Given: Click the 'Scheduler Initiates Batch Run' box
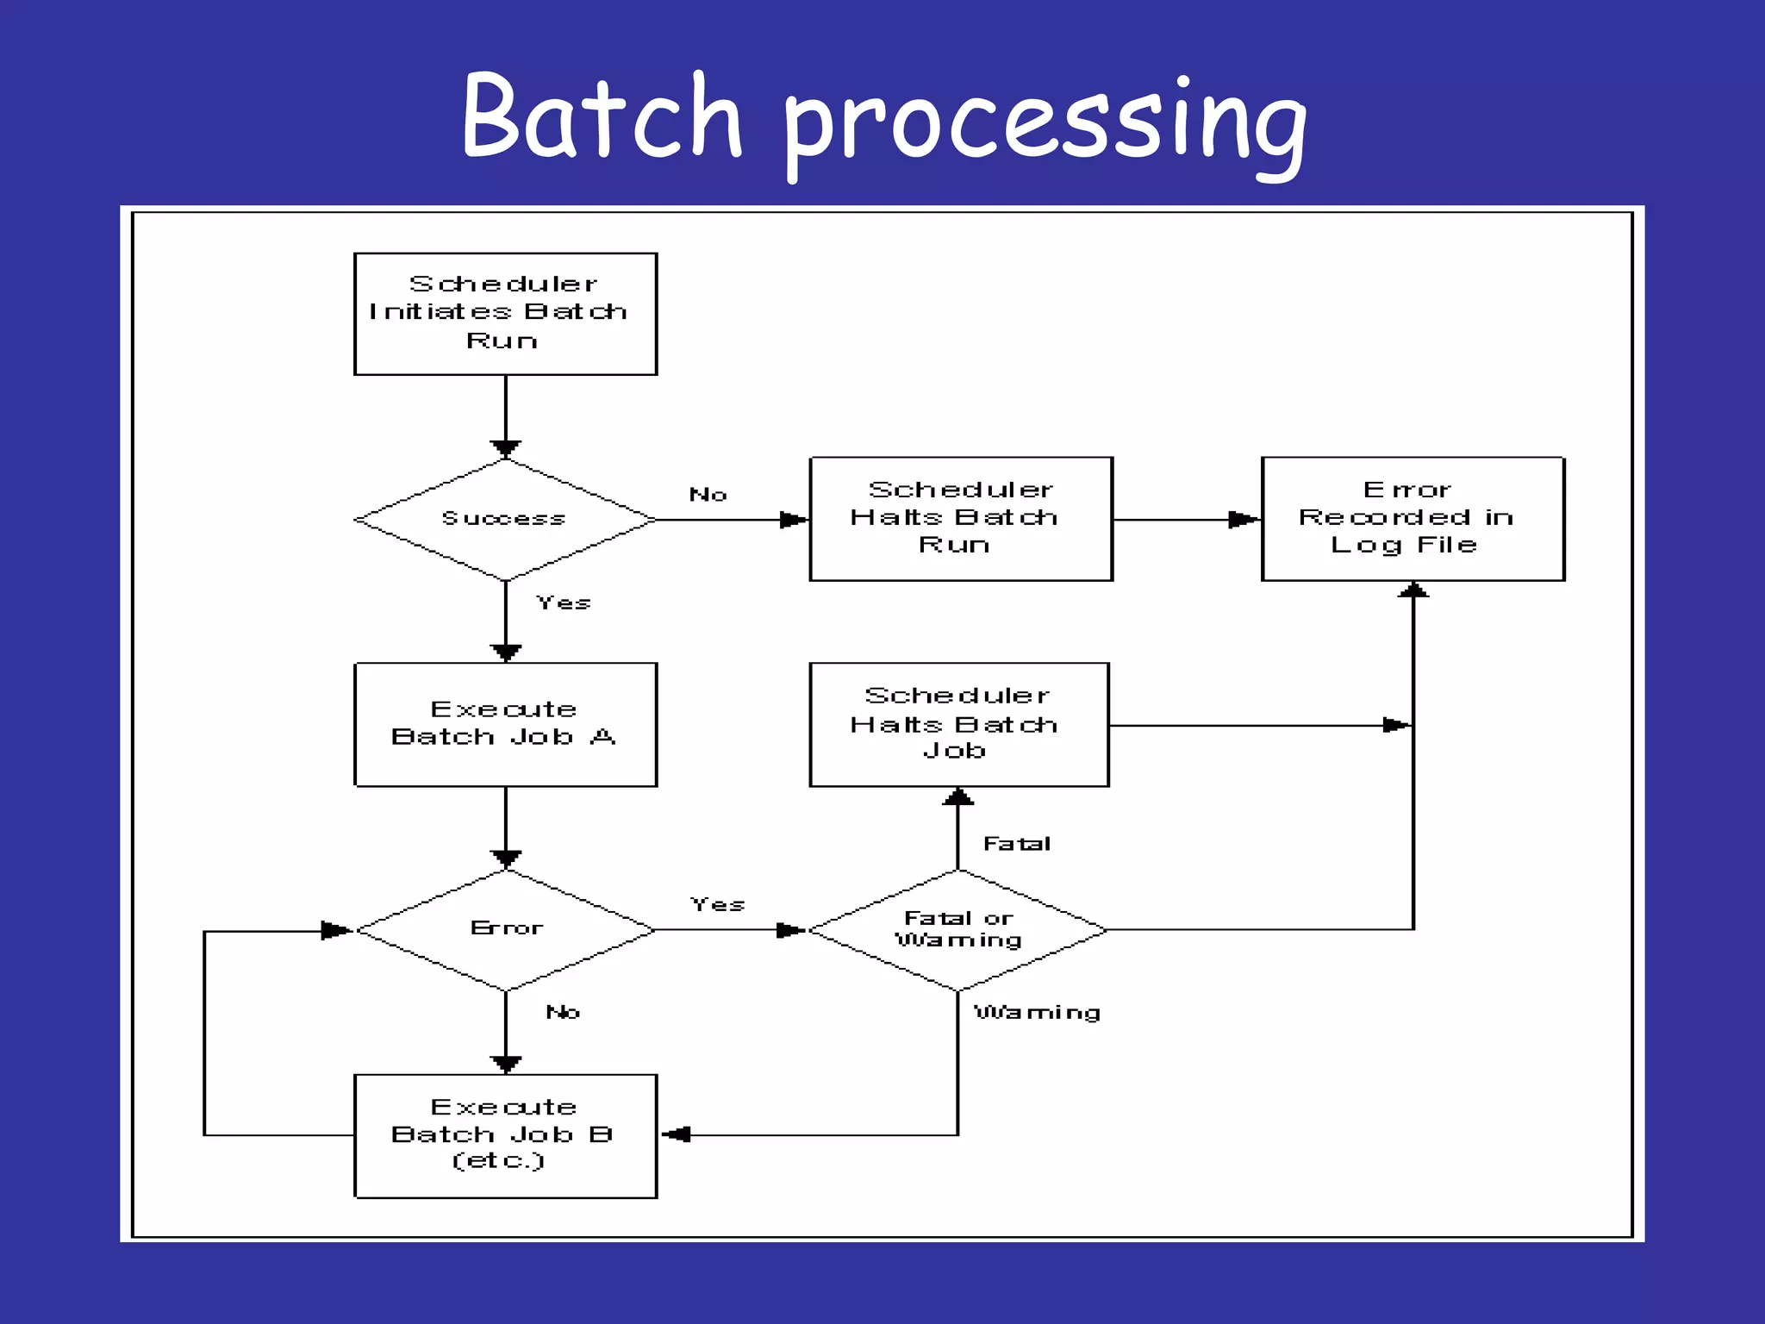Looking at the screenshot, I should (x=505, y=314).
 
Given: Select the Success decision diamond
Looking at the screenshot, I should (x=505, y=519).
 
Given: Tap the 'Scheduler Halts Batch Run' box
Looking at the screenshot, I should (x=961, y=519).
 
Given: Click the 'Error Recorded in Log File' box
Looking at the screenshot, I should (x=1413, y=519).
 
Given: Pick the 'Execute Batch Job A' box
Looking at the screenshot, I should (x=505, y=724).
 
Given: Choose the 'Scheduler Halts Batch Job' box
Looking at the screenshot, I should (x=958, y=724).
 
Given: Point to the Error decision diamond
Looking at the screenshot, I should (x=506, y=929).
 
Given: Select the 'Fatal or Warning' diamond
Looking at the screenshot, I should (x=957, y=929).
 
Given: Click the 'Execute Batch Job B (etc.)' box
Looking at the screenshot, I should (x=505, y=1135).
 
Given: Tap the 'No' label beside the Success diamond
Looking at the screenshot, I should (x=708, y=495).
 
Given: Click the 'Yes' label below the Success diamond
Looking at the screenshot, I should (x=564, y=603).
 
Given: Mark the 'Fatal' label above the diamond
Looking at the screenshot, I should (x=1017, y=844).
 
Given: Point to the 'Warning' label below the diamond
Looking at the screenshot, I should (x=1037, y=1012).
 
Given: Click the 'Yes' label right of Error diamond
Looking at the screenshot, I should (x=717, y=904).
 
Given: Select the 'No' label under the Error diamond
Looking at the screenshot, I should (x=563, y=1012).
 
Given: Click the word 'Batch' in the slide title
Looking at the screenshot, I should (x=601, y=116).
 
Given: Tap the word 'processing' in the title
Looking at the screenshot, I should (x=1045, y=125).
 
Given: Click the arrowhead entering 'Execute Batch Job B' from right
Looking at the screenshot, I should (x=677, y=1134).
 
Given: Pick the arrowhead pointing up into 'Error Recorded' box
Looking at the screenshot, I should (x=1413, y=590).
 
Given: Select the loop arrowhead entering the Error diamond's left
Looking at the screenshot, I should (x=336, y=930).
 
